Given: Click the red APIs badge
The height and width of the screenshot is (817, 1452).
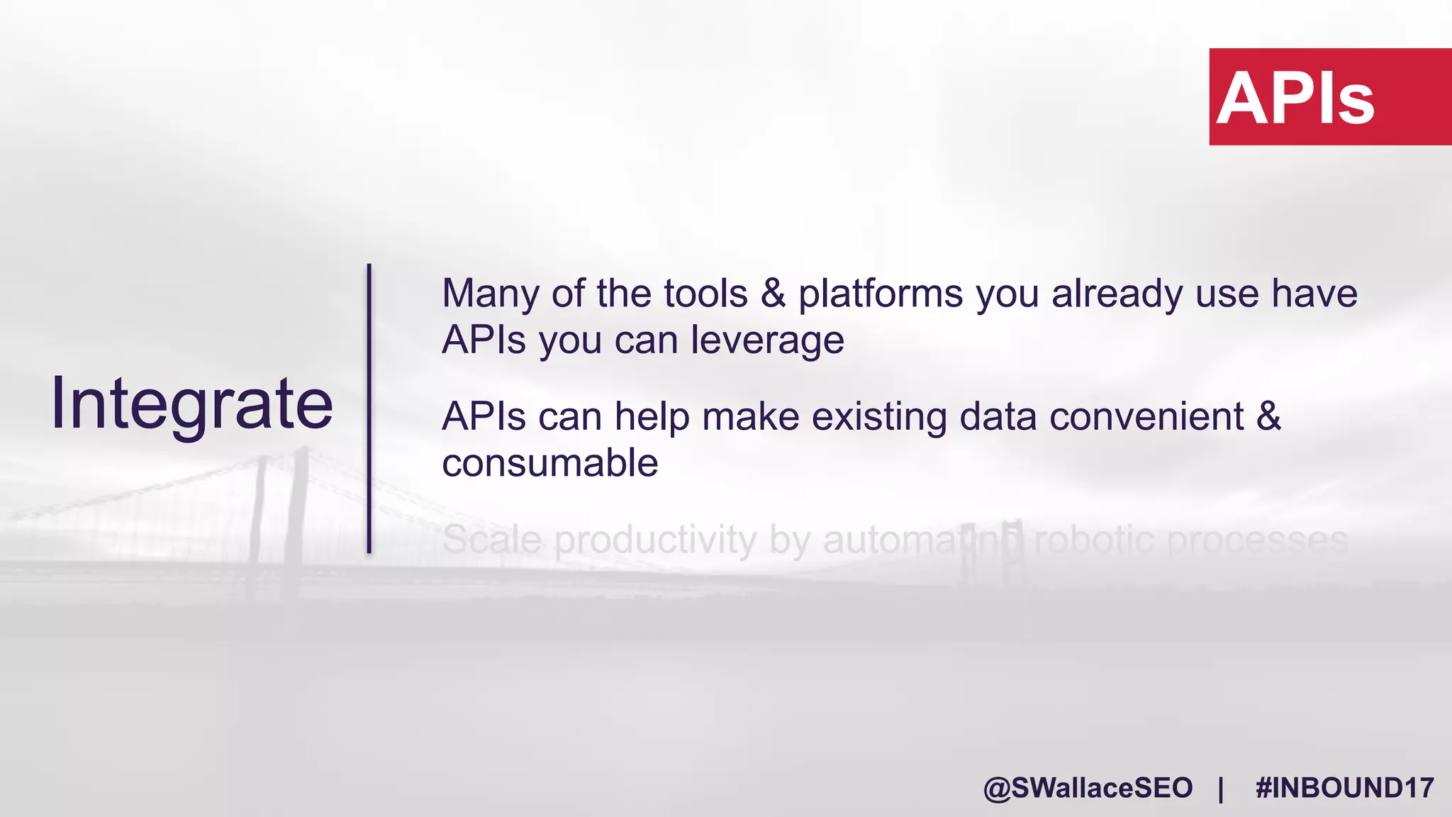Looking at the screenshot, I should click(x=1329, y=97).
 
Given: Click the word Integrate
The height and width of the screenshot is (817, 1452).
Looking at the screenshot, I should click(x=191, y=404).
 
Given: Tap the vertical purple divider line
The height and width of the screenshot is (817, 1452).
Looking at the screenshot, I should click(x=369, y=408).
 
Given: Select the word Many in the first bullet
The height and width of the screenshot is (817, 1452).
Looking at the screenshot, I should click(x=490, y=294).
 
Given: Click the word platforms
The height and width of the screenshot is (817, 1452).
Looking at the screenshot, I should click(x=881, y=294).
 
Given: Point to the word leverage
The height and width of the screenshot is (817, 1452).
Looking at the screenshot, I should click(x=767, y=340).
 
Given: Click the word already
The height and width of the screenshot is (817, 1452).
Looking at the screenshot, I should click(x=1117, y=294).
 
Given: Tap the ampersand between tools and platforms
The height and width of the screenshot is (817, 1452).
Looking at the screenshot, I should click(x=773, y=294).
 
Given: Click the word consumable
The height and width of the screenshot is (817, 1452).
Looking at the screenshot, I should click(x=550, y=463).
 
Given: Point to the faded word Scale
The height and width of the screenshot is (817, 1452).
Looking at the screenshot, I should click(x=492, y=540).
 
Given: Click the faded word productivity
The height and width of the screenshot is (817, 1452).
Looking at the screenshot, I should click(x=656, y=541).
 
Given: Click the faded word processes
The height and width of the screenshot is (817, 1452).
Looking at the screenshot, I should click(x=1256, y=540).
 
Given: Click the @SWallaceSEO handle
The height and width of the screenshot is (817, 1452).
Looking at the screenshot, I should click(x=1088, y=788).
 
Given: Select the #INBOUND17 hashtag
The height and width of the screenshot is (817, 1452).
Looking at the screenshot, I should click(x=1344, y=788).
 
